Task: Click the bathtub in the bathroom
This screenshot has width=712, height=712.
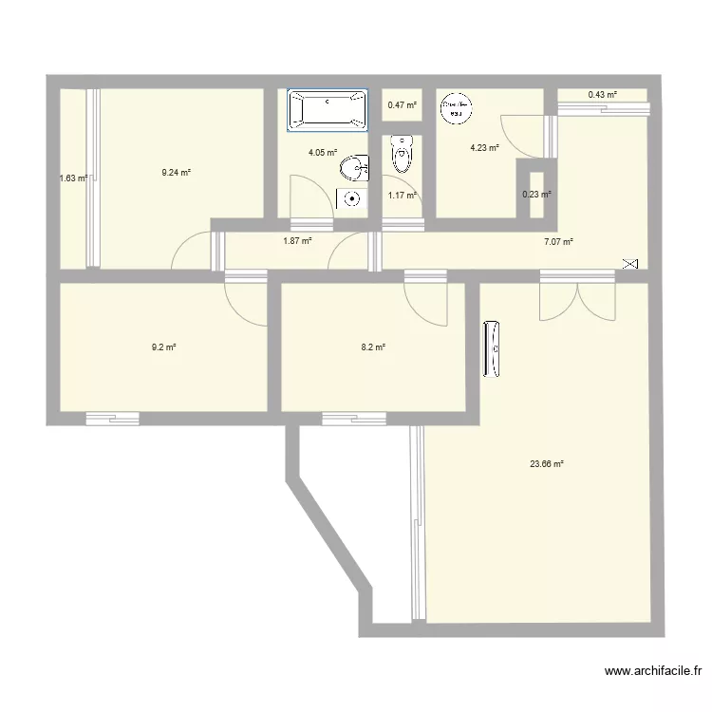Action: click(328, 109)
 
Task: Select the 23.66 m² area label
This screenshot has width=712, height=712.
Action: click(547, 464)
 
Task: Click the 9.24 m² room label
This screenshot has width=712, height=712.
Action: click(176, 173)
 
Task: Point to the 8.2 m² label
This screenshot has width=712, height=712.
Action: click(373, 347)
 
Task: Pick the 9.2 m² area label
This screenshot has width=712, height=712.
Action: click(163, 347)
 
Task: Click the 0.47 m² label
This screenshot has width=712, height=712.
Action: click(402, 105)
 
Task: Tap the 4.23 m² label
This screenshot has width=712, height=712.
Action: click(484, 147)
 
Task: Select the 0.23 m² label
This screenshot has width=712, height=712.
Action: click(536, 196)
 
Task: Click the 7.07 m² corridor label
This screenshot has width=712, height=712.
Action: click(558, 242)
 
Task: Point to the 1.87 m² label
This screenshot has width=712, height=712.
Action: click(297, 241)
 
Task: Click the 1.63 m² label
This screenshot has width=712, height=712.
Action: click(73, 178)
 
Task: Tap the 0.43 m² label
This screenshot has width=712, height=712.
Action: click(602, 95)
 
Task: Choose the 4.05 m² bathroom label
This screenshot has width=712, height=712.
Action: click(323, 152)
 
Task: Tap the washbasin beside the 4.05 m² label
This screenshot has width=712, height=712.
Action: click(355, 169)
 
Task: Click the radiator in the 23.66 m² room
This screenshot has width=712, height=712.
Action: click(492, 350)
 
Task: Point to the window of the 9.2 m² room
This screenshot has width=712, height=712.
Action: click(112, 418)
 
